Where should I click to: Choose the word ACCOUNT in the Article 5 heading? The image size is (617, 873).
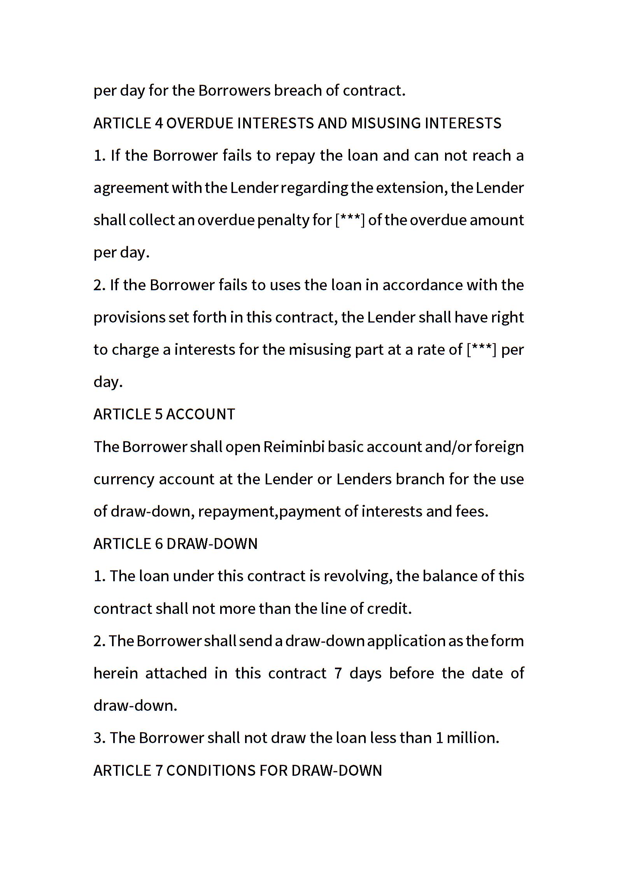point(201,414)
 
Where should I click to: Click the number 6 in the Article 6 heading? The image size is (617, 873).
point(159,544)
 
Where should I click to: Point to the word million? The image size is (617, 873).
point(471,738)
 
